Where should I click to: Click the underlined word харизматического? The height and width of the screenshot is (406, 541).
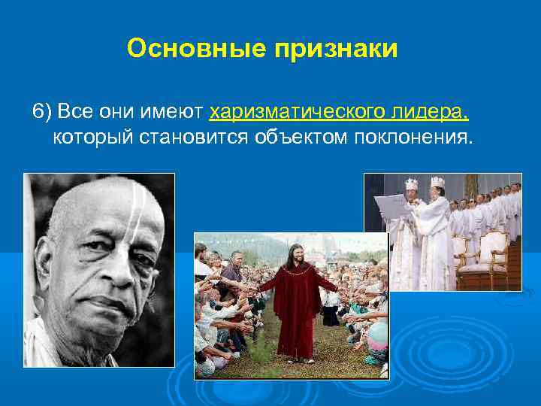[x=300, y=113]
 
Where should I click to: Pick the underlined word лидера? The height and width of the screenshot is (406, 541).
[x=428, y=113]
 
